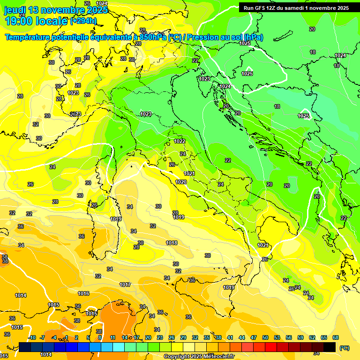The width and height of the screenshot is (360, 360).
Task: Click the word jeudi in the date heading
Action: click(x=15, y=10)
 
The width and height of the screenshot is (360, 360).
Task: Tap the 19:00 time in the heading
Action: click(x=19, y=21)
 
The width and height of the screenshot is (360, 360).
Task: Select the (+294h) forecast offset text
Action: click(x=83, y=21)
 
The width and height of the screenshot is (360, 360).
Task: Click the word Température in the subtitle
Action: click(x=28, y=37)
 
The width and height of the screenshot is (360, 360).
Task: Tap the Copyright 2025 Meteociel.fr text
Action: click(x=199, y=357)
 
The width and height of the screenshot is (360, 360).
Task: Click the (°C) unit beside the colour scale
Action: click(x=344, y=348)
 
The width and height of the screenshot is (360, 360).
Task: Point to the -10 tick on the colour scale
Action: click(x=32, y=337)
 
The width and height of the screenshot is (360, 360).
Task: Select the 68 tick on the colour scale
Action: click(x=336, y=337)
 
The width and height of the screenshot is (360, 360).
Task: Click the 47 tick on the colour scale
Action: click(x=254, y=337)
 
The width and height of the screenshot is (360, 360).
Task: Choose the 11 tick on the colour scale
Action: click(x=112, y=337)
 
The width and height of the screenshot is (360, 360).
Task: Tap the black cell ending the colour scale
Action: click(x=330, y=347)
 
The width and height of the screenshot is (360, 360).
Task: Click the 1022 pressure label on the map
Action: click(x=180, y=141)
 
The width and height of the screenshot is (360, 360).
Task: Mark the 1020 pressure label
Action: click(x=181, y=182)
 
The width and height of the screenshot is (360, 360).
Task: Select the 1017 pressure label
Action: click(x=125, y=285)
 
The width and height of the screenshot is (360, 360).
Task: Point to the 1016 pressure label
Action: click(x=83, y=293)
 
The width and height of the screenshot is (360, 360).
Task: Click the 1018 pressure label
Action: click(x=172, y=243)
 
